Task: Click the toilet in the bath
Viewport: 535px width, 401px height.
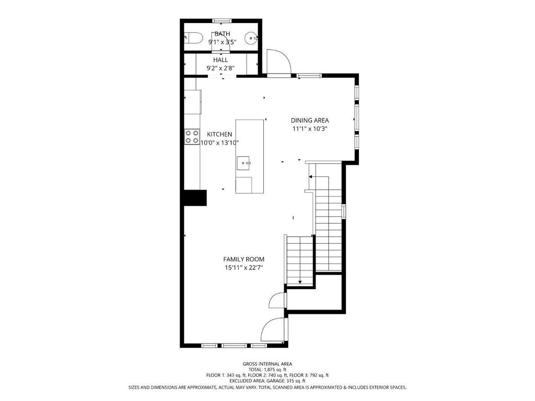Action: click(193, 38)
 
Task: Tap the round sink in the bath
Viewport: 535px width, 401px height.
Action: click(251, 38)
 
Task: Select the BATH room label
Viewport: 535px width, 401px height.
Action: click(222, 34)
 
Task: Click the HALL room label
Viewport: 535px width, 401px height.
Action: click(221, 60)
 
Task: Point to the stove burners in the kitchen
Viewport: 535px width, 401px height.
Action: click(192, 136)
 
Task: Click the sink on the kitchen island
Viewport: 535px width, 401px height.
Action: click(243, 163)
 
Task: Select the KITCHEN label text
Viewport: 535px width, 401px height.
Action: click(219, 134)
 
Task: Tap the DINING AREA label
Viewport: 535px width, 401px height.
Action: click(310, 121)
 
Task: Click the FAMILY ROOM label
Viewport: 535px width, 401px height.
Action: click(243, 260)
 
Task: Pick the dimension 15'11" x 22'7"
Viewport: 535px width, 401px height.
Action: click(243, 268)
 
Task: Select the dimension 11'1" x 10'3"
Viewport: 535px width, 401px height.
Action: click(310, 129)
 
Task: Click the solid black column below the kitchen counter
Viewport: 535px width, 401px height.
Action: click(195, 198)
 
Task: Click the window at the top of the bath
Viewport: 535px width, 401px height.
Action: click(222, 21)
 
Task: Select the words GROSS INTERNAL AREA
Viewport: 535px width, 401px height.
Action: click(267, 364)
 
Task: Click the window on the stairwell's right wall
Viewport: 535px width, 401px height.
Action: click(344, 211)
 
